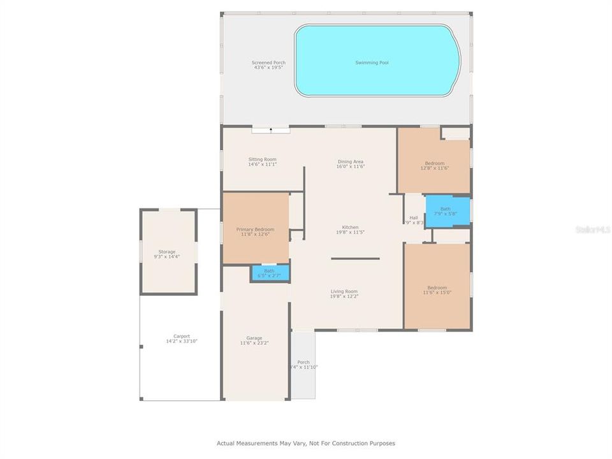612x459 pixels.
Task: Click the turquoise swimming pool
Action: (x=377, y=61)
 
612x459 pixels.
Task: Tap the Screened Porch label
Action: (x=269, y=65)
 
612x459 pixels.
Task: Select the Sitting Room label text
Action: (x=262, y=162)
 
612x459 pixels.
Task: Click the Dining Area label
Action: (x=350, y=164)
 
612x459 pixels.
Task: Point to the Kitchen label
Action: (x=350, y=229)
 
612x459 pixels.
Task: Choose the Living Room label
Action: (x=344, y=294)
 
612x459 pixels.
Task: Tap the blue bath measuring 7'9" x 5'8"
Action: (x=448, y=210)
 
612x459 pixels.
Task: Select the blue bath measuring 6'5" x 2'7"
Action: (x=270, y=273)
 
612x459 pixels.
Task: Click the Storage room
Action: (x=167, y=254)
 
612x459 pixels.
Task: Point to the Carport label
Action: (x=182, y=339)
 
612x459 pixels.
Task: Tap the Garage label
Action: (x=254, y=340)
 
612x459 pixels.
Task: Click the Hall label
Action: (x=414, y=220)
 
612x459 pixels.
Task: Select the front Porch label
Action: (x=303, y=364)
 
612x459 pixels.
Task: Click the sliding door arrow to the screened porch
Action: (x=271, y=129)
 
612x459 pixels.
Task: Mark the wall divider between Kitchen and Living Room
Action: (x=355, y=258)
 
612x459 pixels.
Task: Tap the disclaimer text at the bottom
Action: (x=306, y=442)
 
